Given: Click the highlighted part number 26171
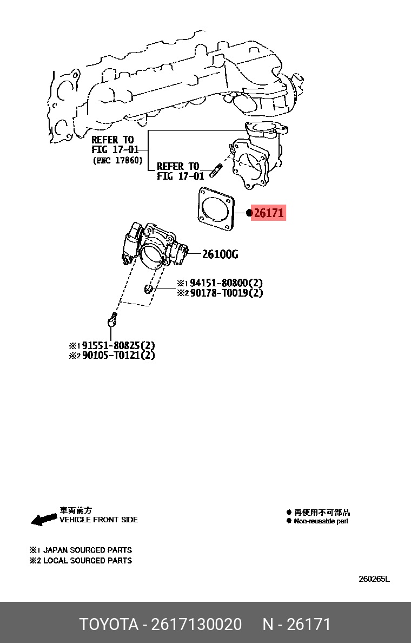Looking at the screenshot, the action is click(269, 213).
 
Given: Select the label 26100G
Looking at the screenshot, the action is click(220, 254).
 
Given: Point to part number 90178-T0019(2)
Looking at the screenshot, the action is click(226, 293).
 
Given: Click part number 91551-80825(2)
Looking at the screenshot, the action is click(118, 345).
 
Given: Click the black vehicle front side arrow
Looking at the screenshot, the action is click(44, 520).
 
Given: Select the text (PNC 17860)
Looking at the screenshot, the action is click(117, 160).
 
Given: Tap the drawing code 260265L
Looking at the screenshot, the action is click(374, 579).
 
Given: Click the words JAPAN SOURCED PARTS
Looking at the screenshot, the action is click(88, 550).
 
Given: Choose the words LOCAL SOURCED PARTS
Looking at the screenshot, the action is click(88, 561).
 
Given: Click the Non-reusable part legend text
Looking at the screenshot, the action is click(321, 521).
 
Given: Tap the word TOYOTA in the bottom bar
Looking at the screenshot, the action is click(109, 625).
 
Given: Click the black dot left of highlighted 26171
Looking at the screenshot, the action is click(249, 213).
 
